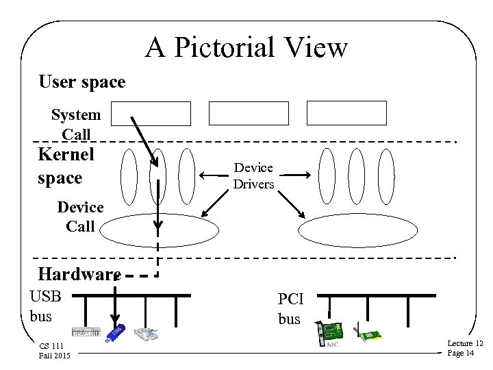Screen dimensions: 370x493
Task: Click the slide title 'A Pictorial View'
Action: (x=246, y=47)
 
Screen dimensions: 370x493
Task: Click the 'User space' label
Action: (x=82, y=82)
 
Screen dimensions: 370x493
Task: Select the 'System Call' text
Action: (x=76, y=125)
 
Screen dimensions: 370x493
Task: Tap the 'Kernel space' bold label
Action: (x=66, y=166)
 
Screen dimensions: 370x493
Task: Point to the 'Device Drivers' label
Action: (x=253, y=175)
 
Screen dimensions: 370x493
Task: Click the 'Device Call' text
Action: (x=80, y=216)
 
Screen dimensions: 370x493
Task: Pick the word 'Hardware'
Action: (x=79, y=275)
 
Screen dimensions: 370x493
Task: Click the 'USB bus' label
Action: (x=46, y=306)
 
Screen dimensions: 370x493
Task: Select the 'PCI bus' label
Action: (x=289, y=309)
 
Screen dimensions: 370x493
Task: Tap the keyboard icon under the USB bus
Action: (x=86, y=334)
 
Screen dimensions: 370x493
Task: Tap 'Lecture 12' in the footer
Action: (x=465, y=343)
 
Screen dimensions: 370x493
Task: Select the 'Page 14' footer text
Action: (x=460, y=353)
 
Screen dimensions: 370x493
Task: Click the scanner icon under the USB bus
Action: (x=148, y=334)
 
